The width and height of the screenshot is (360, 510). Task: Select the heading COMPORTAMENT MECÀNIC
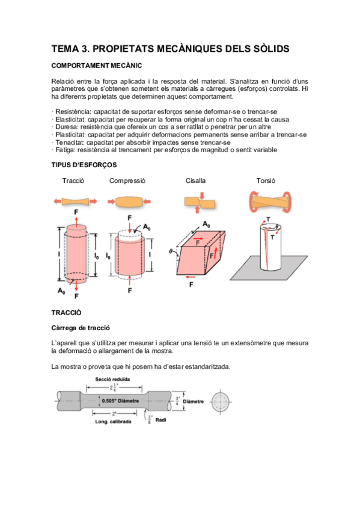[x=97, y=66]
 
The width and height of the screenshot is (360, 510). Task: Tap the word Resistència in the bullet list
[x=73, y=112]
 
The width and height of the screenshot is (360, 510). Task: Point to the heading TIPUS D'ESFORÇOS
[x=84, y=165]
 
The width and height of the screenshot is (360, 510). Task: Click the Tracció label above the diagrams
[x=73, y=180]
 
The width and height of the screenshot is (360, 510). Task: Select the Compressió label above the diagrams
[x=127, y=181]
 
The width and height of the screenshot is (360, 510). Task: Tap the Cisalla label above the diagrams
[x=195, y=180]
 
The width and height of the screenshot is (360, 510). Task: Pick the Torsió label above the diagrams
[x=266, y=180]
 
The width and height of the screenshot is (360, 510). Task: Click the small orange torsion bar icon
[x=270, y=202]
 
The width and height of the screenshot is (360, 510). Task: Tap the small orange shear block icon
[x=200, y=203]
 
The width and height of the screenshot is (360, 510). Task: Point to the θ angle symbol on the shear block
[x=171, y=251]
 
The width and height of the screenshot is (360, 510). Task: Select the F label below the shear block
[x=191, y=284]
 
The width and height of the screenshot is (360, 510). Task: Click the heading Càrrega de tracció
[x=81, y=328]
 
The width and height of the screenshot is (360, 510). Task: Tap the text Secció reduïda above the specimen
[x=112, y=379]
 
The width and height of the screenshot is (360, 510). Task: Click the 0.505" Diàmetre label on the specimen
[x=120, y=401]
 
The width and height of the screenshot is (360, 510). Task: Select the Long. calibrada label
[x=113, y=422]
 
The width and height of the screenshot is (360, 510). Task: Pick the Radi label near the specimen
[x=160, y=420]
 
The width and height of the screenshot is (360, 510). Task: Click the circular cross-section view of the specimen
[x=221, y=402]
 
